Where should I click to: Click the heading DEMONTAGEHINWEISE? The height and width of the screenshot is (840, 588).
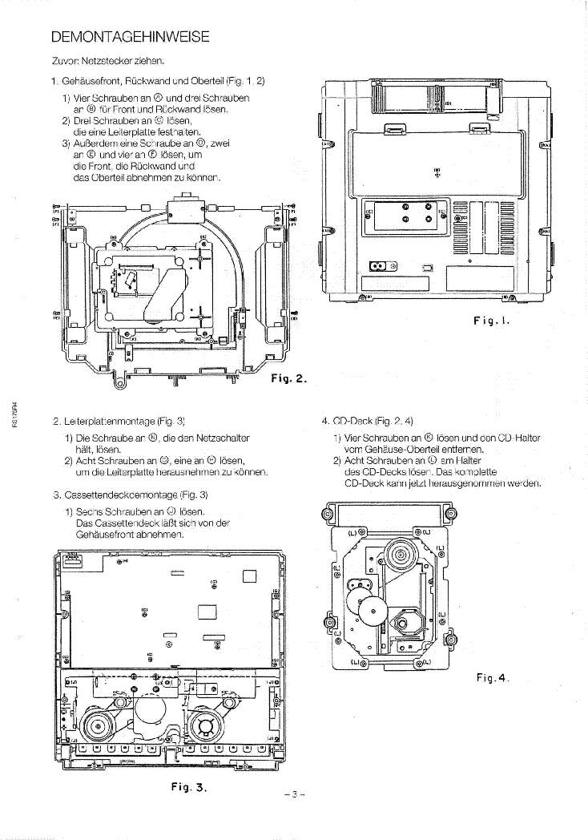tap(130, 36)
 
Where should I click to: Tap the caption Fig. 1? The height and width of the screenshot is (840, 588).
tap(491, 321)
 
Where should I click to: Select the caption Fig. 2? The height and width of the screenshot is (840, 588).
tap(290, 379)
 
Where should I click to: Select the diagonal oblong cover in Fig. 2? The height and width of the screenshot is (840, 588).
tap(170, 287)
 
